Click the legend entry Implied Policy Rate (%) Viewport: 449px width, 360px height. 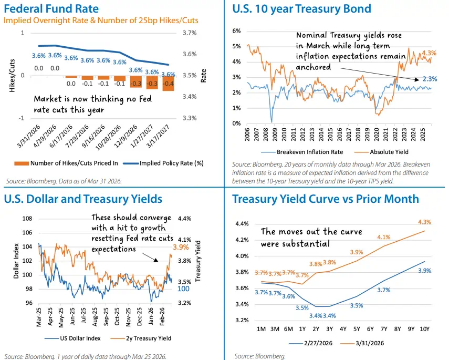pyautogui.click(x=171, y=163)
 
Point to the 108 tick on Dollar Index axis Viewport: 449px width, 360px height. pyautogui.click(x=28, y=218)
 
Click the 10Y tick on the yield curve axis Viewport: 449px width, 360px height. pyautogui.click(x=424, y=329)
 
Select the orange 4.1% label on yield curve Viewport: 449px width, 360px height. pyautogui.click(x=383, y=237)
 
